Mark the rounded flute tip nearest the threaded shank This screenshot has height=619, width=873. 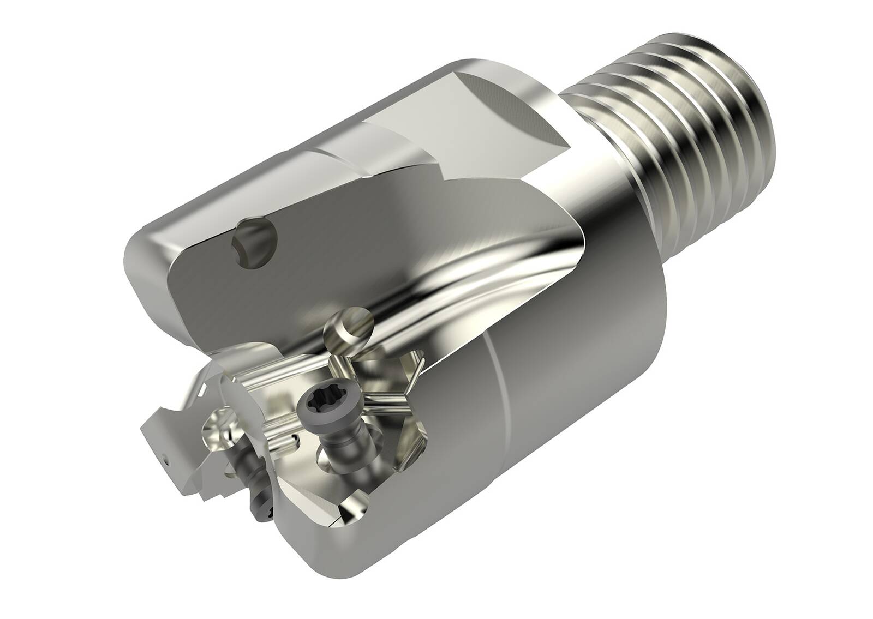(x=581, y=235)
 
